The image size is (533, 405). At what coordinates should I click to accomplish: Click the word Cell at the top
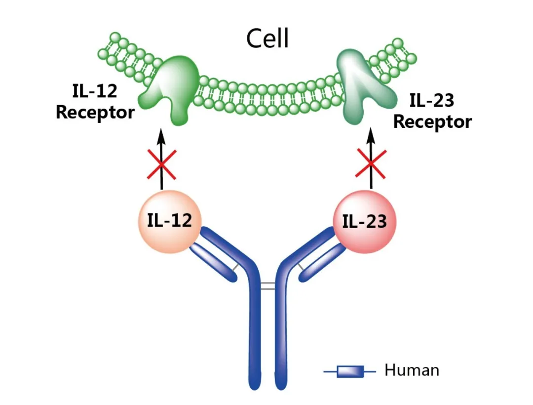tap(267, 38)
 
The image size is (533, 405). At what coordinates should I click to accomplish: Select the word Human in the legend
tap(412, 370)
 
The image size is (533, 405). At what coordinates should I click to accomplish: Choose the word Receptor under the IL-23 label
tap(432, 121)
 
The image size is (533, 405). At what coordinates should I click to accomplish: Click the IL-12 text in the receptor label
tap(93, 91)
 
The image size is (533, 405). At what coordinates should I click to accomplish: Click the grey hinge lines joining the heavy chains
tap(267, 286)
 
